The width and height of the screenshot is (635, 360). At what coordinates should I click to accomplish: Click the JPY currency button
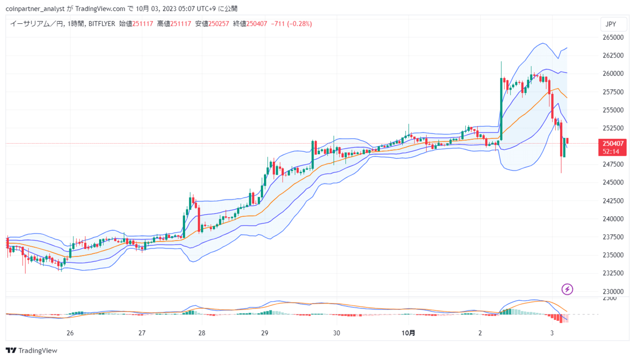pyautogui.click(x=613, y=24)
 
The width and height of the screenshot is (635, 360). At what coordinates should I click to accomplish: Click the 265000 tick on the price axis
pyautogui.click(x=613, y=37)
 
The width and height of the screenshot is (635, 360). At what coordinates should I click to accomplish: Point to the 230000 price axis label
pyautogui.click(x=613, y=292)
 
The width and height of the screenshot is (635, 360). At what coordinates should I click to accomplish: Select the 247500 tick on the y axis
pyautogui.click(x=613, y=165)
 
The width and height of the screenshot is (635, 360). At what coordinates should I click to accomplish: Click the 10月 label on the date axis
pyautogui.click(x=408, y=333)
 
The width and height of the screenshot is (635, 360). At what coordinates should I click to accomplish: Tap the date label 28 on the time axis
pyautogui.click(x=201, y=333)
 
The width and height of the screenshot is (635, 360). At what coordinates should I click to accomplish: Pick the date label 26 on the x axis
pyautogui.click(x=70, y=333)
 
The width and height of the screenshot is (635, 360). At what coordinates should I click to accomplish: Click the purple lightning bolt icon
pyautogui.click(x=567, y=290)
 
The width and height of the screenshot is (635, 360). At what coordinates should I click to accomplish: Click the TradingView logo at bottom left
pyautogui.click(x=31, y=351)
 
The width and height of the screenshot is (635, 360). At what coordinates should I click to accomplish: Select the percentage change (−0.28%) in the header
pyautogui.click(x=300, y=24)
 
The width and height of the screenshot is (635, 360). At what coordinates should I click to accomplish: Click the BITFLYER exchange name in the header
pyautogui.click(x=102, y=24)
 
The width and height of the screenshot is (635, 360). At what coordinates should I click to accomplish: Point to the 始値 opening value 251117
pyautogui.click(x=142, y=24)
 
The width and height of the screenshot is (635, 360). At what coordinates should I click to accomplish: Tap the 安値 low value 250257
pyautogui.click(x=219, y=24)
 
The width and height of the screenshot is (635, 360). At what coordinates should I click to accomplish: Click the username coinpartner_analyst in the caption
pyautogui.click(x=35, y=9)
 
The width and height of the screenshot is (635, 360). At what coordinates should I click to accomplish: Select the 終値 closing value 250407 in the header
pyautogui.click(x=256, y=24)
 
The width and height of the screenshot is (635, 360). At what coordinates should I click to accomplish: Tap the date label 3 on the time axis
pyautogui.click(x=552, y=333)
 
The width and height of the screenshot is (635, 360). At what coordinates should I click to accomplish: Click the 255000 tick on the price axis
pyautogui.click(x=613, y=110)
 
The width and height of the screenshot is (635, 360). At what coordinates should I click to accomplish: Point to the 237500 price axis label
pyautogui.click(x=613, y=237)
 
